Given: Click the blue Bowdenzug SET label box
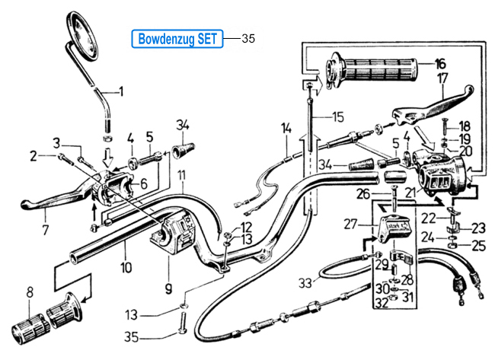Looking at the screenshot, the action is click(177, 39).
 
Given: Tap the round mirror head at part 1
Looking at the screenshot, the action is click(83, 35).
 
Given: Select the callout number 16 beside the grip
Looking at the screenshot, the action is click(439, 64).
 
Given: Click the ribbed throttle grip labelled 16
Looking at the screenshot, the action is click(371, 71).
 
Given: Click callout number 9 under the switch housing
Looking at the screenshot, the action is click(168, 288).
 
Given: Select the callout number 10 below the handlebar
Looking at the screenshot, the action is click(126, 268).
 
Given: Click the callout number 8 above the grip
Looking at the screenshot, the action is click(30, 292).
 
